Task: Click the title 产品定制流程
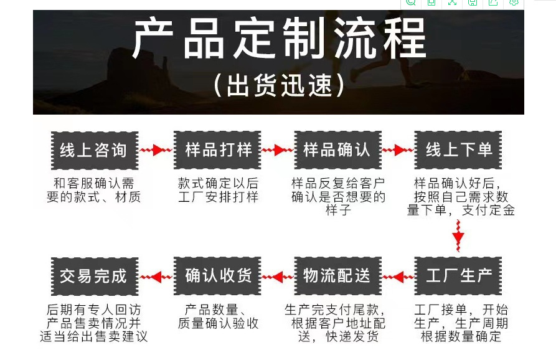click(279, 39)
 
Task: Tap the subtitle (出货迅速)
click(278, 85)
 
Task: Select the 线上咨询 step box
click(93, 150)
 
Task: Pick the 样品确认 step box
click(337, 150)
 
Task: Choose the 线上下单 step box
click(459, 150)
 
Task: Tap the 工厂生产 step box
click(459, 276)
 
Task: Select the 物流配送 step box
click(337, 276)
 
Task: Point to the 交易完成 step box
click(93, 276)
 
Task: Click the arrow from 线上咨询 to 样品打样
click(156, 150)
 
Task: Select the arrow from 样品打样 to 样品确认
click(277, 150)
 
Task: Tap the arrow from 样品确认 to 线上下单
click(398, 150)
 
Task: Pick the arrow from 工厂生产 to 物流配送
click(398, 276)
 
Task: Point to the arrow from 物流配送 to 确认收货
click(277, 276)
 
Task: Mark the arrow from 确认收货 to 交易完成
click(156, 276)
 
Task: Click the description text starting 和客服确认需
click(93, 191)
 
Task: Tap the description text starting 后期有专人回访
click(93, 323)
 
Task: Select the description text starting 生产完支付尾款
click(337, 323)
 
